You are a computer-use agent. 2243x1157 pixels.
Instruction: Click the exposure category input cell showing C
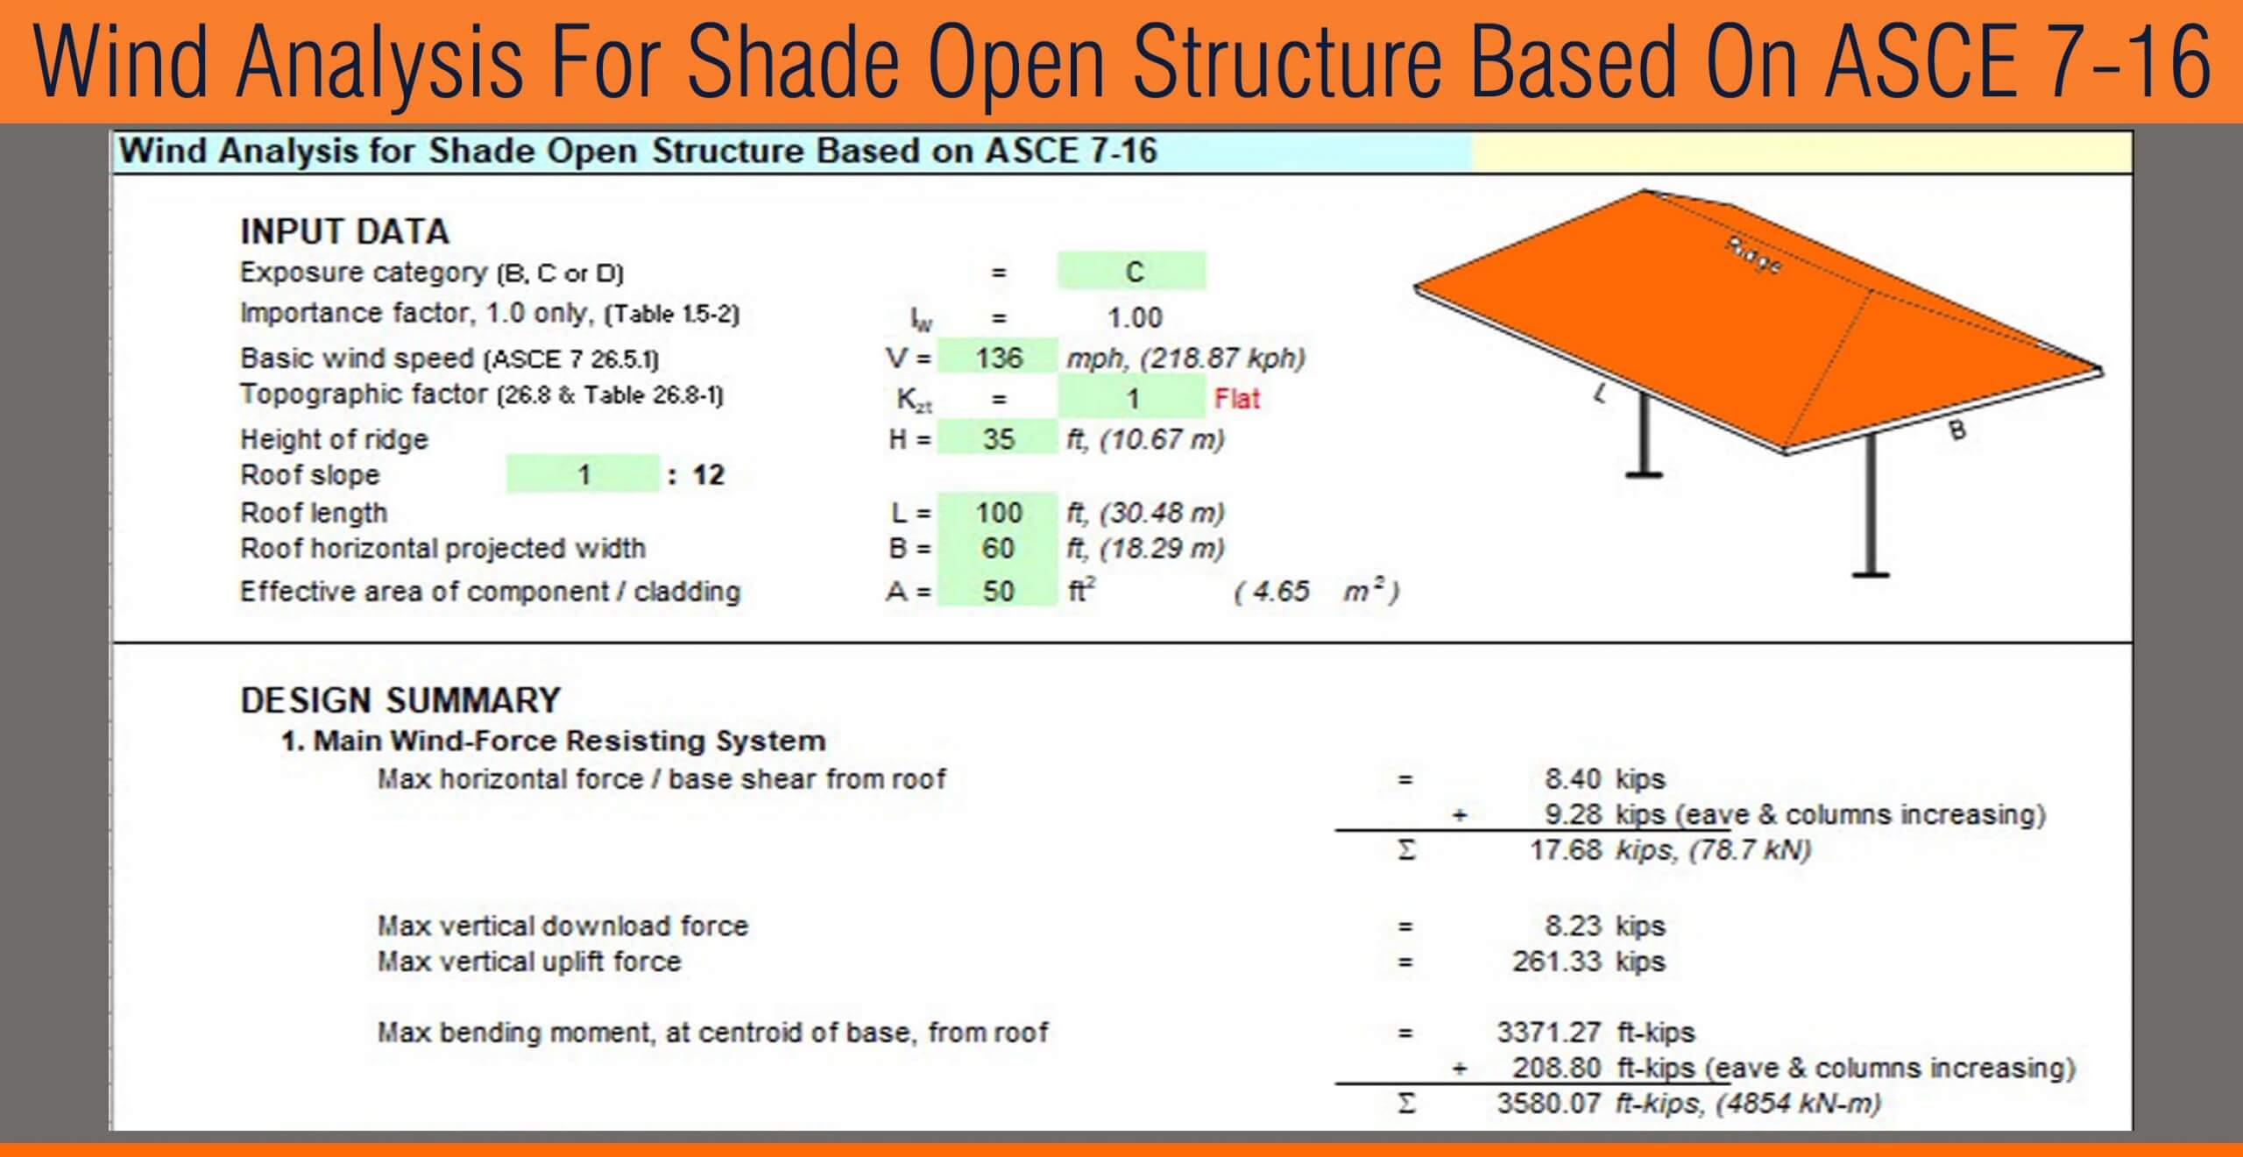click(1132, 272)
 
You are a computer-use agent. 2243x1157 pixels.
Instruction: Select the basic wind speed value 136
click(998, 358)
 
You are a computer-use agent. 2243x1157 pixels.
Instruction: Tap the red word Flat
click(1236, 400)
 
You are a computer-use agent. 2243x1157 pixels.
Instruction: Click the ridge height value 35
click(998, 438)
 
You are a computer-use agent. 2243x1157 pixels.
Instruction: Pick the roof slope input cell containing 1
click(583, 475)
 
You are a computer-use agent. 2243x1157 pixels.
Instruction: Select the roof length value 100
click(998, 513)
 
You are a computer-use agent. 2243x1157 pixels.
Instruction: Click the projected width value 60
click(998, 549)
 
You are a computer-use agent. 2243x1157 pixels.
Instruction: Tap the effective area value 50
click(998, 592)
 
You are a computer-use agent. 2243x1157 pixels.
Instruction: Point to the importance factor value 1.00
click(1135, 317)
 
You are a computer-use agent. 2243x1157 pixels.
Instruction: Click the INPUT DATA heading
click(344, 232)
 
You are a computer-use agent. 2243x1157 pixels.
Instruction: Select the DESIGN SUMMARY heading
click(400, 700)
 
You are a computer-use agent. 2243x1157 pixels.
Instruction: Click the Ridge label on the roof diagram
click(1753, 255)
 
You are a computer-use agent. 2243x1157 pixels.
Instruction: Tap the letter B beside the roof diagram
click(1956, 430)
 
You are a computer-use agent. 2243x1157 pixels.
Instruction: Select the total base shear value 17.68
click(1565, 850)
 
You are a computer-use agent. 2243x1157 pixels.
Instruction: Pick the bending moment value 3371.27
click(1548, 1033)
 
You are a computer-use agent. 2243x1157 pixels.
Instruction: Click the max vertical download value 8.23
click(1573, 926)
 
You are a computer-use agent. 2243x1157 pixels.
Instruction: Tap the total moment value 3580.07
click(1548, 1104)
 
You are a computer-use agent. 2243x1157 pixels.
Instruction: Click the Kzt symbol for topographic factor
click(914, 401)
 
